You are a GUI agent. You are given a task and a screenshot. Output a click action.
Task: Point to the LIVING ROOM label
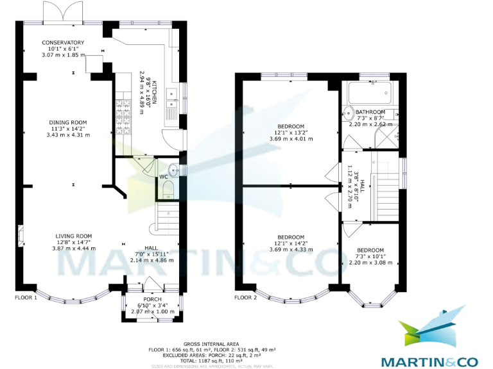pos(73,236)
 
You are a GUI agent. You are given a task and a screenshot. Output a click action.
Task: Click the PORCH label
pos(152,299)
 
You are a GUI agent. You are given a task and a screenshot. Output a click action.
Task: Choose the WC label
pos(163,176)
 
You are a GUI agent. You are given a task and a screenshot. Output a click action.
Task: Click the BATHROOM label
pos(370,112)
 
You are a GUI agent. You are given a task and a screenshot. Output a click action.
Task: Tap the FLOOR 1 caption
pos(26,298)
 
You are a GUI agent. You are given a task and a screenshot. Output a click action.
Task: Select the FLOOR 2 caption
pos(245,298)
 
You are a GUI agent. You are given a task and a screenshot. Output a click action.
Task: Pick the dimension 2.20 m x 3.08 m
pos(370,263)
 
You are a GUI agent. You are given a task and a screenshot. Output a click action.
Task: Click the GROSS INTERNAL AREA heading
pos(212,344)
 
